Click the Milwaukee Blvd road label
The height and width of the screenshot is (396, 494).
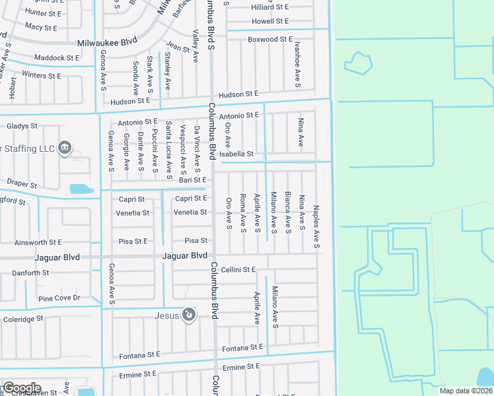(107, 41)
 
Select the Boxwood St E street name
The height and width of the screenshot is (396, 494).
(270, 40)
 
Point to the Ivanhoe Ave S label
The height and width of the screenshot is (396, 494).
(298, 64)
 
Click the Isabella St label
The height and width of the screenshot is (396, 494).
(241, 154)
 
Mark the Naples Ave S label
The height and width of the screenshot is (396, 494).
(317, 227)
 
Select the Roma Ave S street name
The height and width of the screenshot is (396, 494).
(243, 213)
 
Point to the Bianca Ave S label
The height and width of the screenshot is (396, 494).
(287, 213)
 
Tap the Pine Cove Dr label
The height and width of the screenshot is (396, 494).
(59, 298)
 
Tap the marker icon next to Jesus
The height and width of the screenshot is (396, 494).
(189, 315)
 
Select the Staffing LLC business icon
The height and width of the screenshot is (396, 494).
(64, 147)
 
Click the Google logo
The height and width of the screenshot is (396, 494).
(21, 388)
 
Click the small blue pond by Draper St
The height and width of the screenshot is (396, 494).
(82, 189)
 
